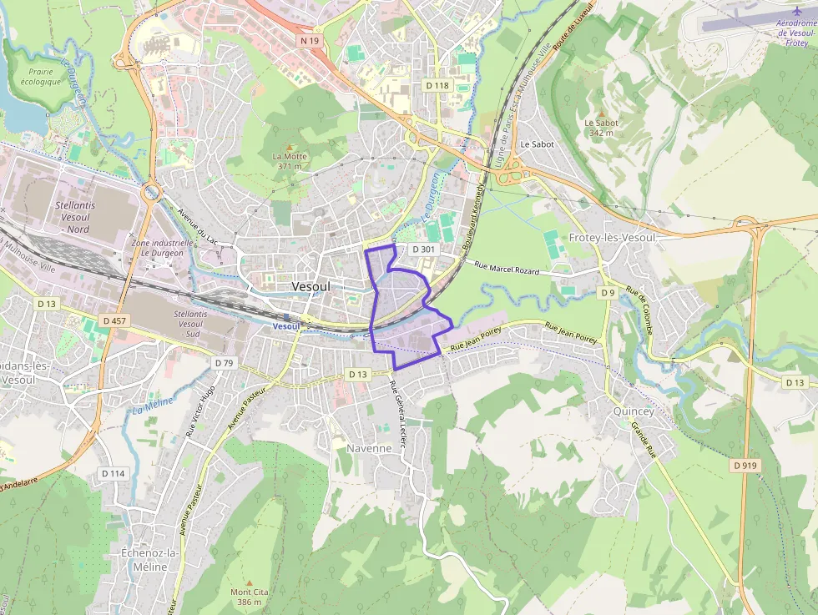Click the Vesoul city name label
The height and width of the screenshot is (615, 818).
pyautogui.click(x=311, y=286)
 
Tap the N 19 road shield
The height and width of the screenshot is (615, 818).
pyautogui.click(x=310, y=40)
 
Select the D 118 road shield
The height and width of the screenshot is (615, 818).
pyautogui.click(x=437, y=85)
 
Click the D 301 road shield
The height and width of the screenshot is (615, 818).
pyautogui.click(x=423, y=250)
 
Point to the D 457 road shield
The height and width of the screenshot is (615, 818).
pyautogui.click(x=115, y=320)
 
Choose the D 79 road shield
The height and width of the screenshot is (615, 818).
pyautogui.click(x=223, y=363)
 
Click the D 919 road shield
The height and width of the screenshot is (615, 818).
pyautogui.click(x=746, y=465)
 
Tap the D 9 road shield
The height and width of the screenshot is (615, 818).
pyautogui.click(x=607, y=292)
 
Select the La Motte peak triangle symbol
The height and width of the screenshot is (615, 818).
pyautogui.click(x=290, y=146)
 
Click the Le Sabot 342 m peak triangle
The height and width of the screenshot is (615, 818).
pyautogui.click(x=602, y=113)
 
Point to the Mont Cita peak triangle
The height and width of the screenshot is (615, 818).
pyautogui.click(x=249, y=582)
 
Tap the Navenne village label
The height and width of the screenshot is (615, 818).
pyautogui.click(x=369, y=448)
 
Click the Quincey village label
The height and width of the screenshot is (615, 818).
pyautogui.click(x=634, y=411)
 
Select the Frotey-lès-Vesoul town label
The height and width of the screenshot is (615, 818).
pyautogui.click(x=613, y=238)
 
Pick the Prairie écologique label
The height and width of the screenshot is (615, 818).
pyautogui.click(x=40, y=77)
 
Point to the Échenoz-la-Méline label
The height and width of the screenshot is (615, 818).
pyautogui.click(x=144, y=560)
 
